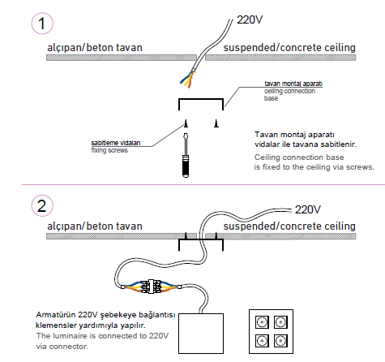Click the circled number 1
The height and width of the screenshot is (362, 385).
42,24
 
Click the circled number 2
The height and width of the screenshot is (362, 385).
42,206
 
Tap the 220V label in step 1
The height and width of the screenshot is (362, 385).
250,19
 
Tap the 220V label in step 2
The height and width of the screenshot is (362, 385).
308,209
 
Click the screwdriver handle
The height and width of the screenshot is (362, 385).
186,166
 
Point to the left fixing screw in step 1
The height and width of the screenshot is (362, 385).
186,123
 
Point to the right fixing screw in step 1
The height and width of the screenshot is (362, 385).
216,123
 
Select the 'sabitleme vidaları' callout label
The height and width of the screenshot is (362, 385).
116,143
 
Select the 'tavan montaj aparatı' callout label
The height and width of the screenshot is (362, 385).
293,84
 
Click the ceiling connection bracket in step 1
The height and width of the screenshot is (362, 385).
201,99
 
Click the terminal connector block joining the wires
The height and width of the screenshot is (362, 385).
152,287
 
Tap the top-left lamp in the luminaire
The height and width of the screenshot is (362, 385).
262,322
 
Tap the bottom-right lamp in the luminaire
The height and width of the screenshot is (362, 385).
280,341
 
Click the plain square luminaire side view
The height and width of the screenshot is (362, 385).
201,334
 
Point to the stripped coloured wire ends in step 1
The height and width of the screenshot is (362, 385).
188,79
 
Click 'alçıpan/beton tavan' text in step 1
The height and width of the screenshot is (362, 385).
95,48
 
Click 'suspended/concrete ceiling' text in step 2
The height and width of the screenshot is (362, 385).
289,226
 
